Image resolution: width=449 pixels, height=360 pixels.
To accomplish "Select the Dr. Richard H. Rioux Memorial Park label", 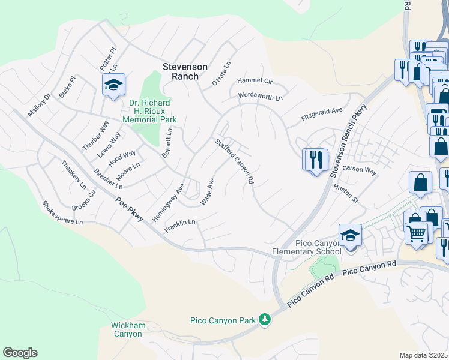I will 149,111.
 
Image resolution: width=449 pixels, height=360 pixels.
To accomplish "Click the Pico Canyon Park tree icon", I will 265,319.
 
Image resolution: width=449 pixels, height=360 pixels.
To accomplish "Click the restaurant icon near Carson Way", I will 315,160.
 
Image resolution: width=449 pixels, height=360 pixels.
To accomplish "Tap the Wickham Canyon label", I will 128,329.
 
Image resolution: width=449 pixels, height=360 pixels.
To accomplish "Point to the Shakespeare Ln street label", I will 61,213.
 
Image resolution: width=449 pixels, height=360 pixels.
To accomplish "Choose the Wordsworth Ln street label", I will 260,95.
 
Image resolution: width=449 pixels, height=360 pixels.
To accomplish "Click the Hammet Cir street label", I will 255,80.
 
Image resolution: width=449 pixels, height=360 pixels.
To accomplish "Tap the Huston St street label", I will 345,194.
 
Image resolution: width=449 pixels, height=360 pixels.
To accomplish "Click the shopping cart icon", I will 415,232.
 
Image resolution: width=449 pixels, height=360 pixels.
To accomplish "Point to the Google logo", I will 20,353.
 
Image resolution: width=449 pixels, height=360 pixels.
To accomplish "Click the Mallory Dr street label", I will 40,104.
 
